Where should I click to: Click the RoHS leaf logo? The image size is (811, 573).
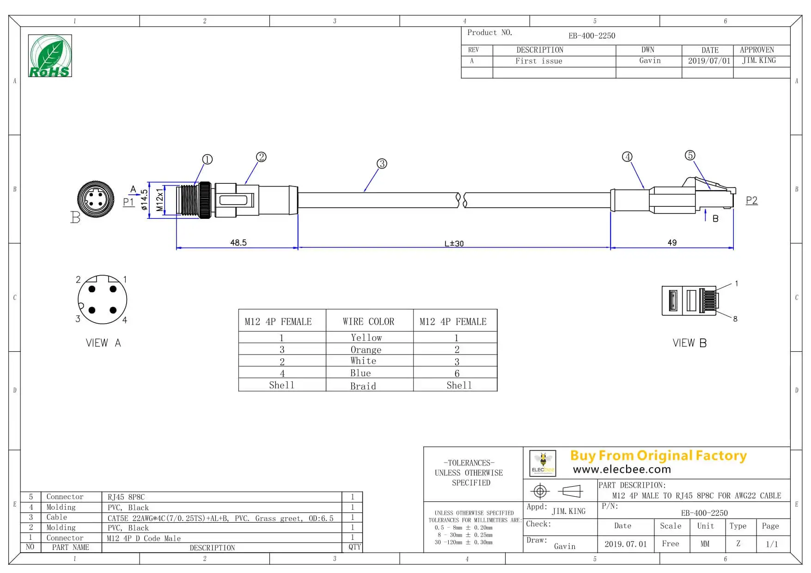[50, 55]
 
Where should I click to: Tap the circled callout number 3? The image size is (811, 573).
[382, 163]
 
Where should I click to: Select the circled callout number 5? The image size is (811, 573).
[690, 155]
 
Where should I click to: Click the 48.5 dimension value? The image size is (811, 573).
[238, 242]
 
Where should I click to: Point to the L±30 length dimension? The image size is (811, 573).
[454, 243]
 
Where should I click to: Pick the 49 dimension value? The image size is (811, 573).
[672, 242]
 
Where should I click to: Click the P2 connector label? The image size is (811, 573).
[752, 200]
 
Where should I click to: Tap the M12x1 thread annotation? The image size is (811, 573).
[160, 199]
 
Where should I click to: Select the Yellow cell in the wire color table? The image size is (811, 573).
[366, 338]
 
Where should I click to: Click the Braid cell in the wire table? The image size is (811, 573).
[363, 386]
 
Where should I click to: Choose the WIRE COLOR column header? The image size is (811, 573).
[369, 321]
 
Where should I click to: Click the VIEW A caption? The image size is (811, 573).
[103, 343]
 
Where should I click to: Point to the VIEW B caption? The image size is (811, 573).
[689, 343]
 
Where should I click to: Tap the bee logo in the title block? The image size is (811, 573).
[543, 463]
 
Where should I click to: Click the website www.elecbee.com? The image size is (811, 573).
[622, 470]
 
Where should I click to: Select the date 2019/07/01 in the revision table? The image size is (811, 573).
[709, 61]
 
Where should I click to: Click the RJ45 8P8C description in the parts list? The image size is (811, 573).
[126, 497]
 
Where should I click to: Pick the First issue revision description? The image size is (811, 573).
[539, 61]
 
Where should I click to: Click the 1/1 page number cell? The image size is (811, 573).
[771, 544]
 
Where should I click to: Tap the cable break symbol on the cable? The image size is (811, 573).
[462, 200]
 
